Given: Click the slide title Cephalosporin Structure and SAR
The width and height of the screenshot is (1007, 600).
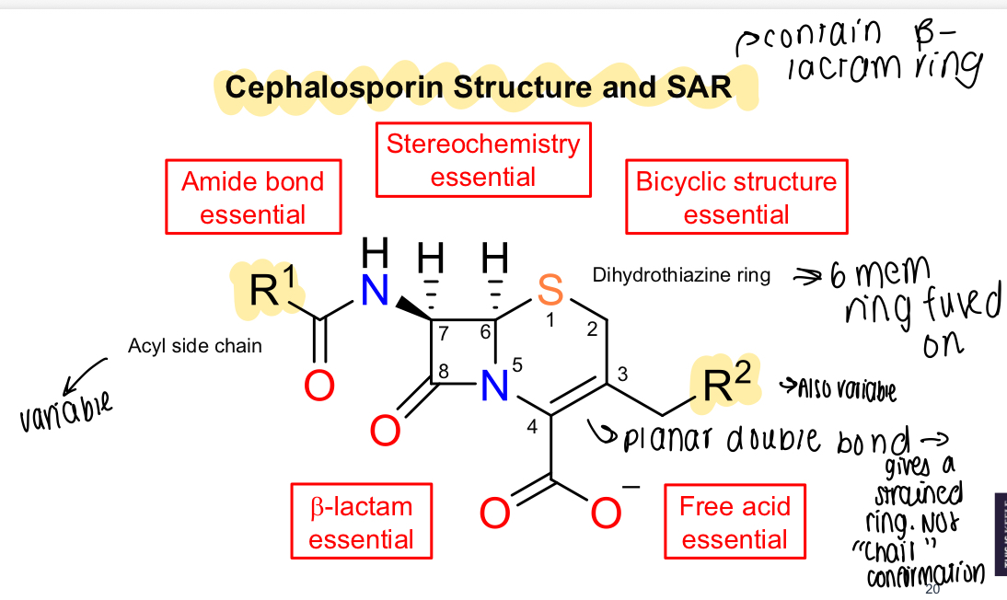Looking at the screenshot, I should tap(478, 87).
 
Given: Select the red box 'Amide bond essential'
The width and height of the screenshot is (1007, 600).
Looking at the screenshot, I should tap(253, 197).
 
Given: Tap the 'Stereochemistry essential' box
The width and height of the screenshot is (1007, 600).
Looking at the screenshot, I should tap(483, 160).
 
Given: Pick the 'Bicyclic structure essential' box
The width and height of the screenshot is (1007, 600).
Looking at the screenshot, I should tap(736, 197).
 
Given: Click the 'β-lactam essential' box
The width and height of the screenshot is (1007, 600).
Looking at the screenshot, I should tap(361, 522).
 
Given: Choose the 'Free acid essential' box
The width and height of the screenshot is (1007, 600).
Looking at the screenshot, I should tap(735, 522).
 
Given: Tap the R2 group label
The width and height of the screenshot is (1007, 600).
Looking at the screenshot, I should tap(724, 386).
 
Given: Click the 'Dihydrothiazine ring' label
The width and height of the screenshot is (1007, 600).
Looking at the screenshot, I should tap(682, 275).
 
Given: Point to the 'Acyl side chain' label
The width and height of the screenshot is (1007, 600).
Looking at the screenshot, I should tap(195, 346).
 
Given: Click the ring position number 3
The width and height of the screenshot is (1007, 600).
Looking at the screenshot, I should tap(622, 375).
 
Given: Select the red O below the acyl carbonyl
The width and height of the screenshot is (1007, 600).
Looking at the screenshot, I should tap(318, 387).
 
